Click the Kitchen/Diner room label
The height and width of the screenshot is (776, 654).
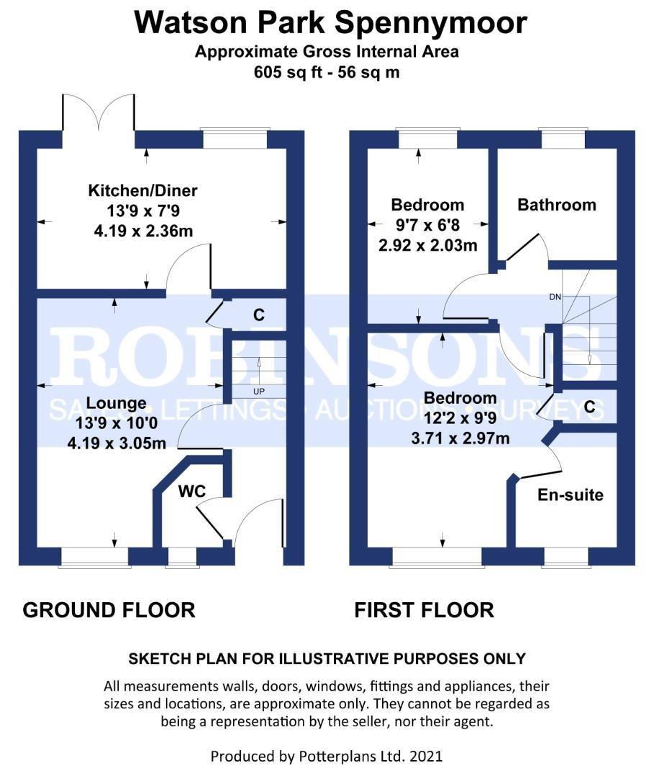142,190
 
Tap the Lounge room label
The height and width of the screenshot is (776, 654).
117,403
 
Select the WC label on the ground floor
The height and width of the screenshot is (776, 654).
192,491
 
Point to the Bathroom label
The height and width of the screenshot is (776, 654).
557,205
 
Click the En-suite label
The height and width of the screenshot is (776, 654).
571,495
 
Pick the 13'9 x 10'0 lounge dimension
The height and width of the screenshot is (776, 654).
117,423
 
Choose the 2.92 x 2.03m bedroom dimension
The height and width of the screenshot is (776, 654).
427,246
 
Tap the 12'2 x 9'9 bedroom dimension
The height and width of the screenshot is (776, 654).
460,418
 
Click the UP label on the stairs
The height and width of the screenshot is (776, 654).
258,392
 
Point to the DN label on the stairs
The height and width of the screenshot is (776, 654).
555,297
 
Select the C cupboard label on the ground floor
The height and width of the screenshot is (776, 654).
258,315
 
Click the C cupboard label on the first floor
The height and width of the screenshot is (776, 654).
589,407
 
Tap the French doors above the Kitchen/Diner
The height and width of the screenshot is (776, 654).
99,112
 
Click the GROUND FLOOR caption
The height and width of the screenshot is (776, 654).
109,610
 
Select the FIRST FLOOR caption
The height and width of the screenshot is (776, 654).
424,610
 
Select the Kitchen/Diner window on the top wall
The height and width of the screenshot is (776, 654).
235,139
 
